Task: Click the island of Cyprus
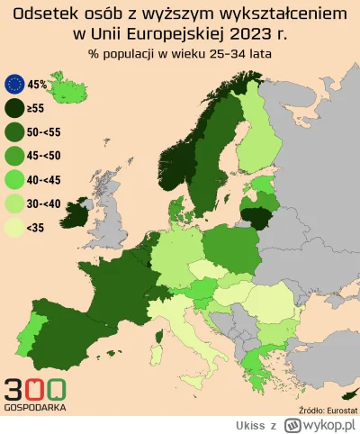tap(346, 394)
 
